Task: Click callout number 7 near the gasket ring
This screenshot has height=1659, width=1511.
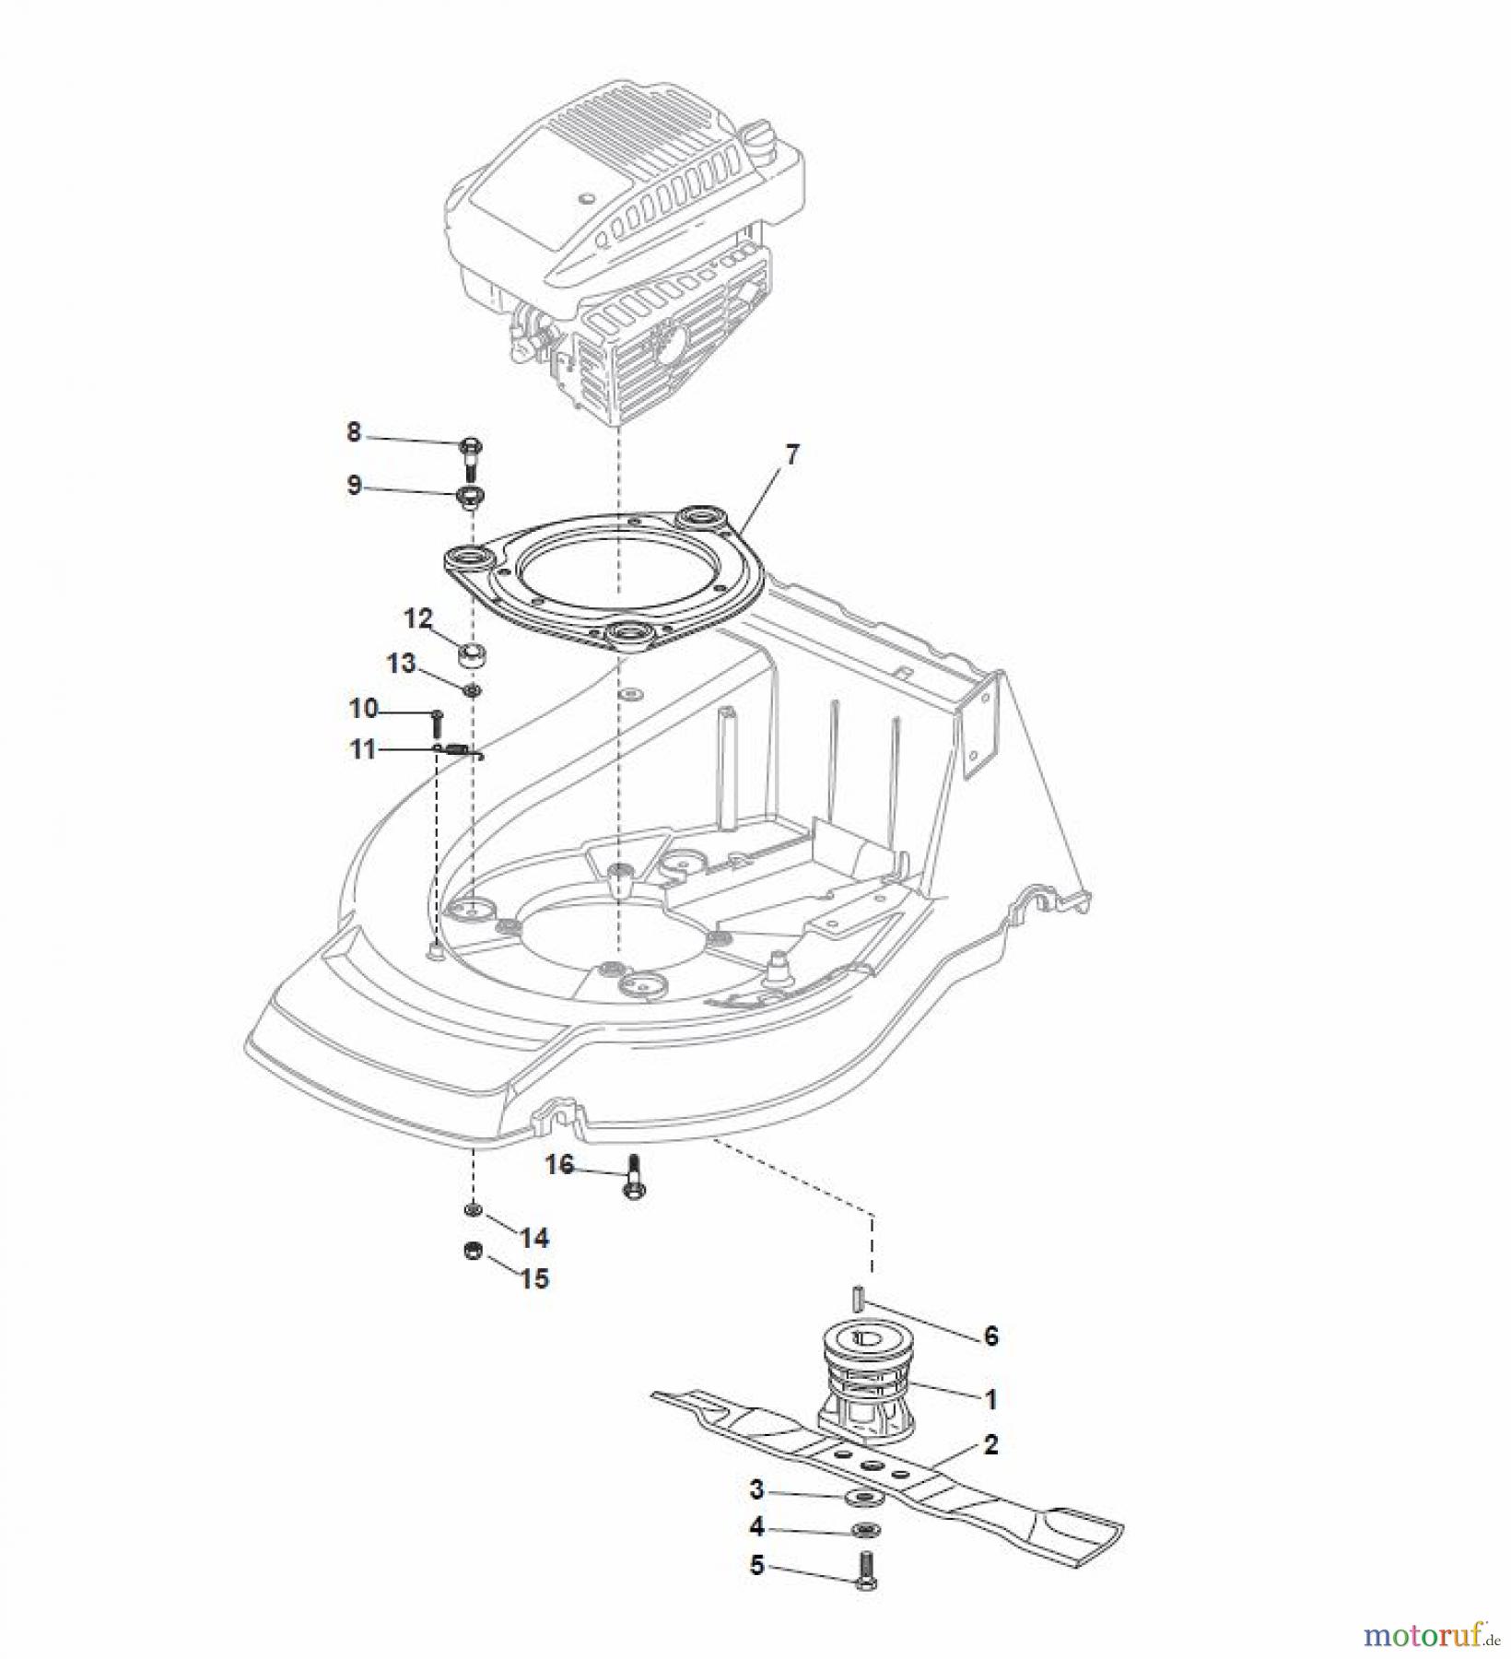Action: coord(791,454)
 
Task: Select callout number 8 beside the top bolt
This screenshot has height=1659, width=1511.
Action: coord(354,431)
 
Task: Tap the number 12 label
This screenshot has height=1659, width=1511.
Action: coord(418,618)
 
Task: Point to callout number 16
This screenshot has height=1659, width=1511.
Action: coord(559,1165)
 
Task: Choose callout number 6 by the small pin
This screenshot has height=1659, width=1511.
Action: coord(990,1335)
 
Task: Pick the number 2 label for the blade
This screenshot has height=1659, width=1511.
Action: coord(990,1444)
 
